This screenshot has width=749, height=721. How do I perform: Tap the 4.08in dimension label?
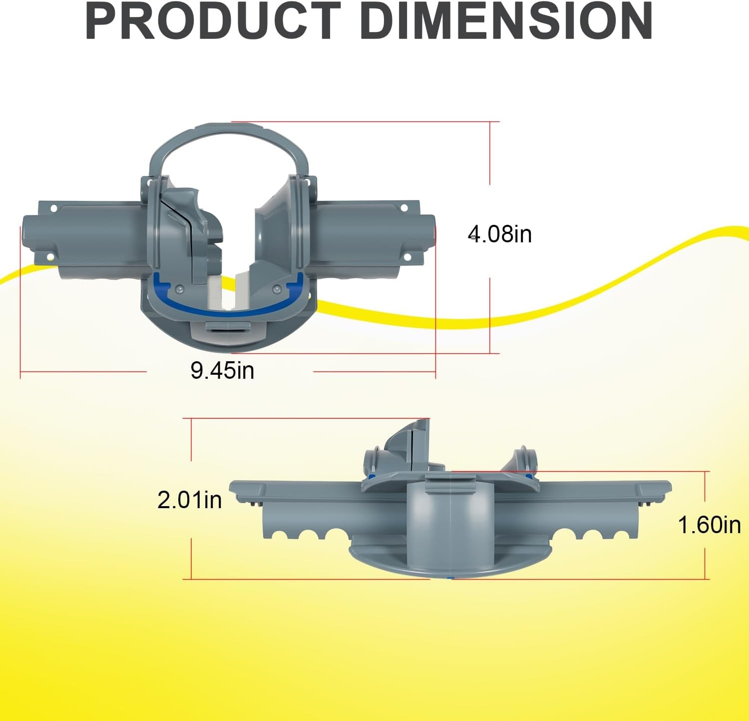pyautogui.click(x=500, y=234)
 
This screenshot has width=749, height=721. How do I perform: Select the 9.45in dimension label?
pyautogui.click(x=223, y=370)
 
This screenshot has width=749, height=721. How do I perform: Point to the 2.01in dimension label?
pyautogui.click(x=190, y=500)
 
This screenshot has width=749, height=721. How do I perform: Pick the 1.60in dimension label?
pyautogui.click(x=709, y=525)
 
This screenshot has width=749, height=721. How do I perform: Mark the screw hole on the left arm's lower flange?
pyautogui.click(x=50, y=257)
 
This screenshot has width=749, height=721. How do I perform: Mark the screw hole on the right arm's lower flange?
pyautogui.click(x=407, y=257)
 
